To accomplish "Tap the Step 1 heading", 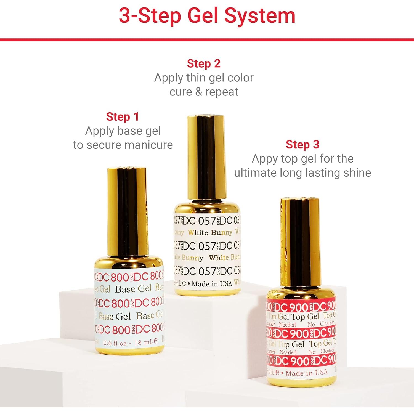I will [x=123, y=117].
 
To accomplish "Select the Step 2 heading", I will [x=204, y=64].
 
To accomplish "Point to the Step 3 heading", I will [x=302, y=145].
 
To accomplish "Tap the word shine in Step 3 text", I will [x=357, y=173].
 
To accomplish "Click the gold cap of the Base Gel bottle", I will [x=127, y=213].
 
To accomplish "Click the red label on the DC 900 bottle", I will [x=301, y=334].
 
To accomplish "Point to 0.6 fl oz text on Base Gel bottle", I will [x=115, y=343].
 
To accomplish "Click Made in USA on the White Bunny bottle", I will [x=212, y=284].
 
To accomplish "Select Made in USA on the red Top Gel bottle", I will [x=306, y=373].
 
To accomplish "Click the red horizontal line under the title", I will [x=207, y=40].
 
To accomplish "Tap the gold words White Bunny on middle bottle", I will [x=210, y=233].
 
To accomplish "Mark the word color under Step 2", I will [x=240, y=78].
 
